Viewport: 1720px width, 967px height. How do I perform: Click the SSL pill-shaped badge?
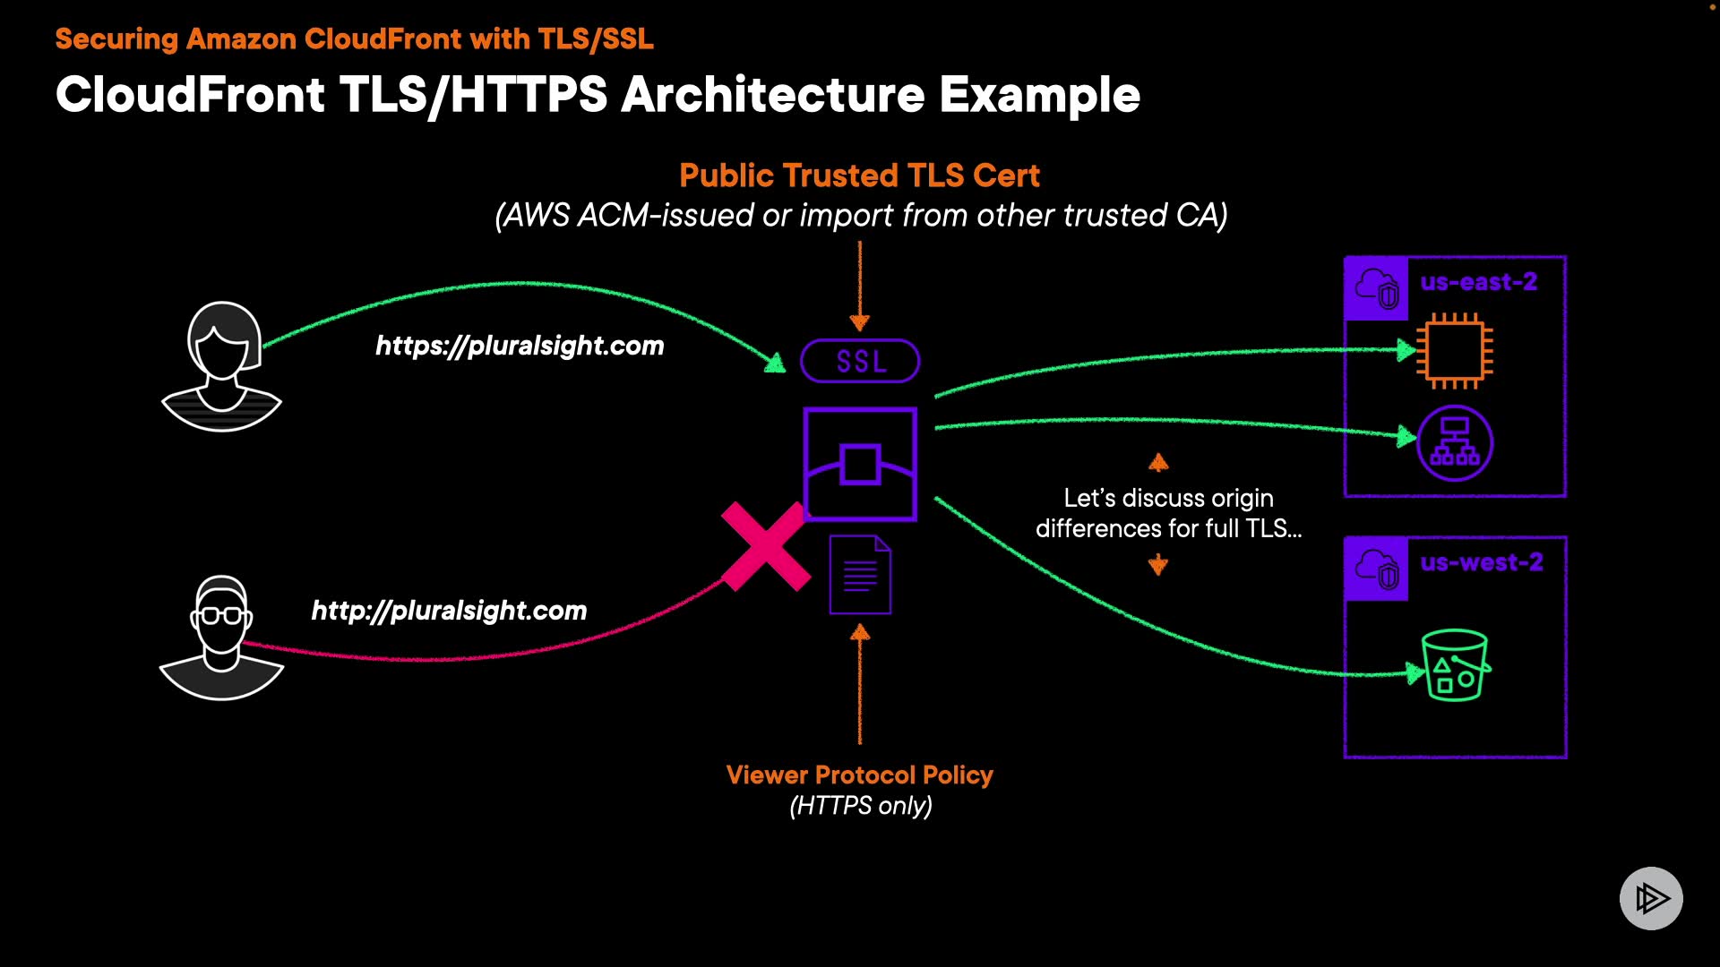click(x=860, y=361)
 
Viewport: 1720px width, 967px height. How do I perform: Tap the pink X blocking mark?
click(x=766, y=546)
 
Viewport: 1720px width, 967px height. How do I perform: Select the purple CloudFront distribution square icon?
click(x=860, y=464)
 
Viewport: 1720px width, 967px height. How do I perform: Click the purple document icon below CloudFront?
click(x=860, y=575)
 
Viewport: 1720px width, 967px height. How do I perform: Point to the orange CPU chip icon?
click(x=1455, y=351)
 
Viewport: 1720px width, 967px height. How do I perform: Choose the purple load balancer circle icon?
click(x=1455, y=443)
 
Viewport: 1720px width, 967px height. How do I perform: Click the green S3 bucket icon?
click(x=1455, y=665)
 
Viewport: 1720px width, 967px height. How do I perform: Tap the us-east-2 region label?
click(x=1478, y=282)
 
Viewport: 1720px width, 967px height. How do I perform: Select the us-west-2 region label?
click(x=1481, y=562)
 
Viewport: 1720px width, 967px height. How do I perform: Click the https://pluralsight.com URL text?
click(x=520, y=346)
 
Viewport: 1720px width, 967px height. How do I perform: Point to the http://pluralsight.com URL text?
click(x=449, y=611)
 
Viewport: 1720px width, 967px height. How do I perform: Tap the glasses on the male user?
click(x=221, y=616)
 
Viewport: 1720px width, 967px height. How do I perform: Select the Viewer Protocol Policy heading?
click(x=859, y=774)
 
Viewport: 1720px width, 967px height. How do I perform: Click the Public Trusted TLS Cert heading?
click(x=859, y=175)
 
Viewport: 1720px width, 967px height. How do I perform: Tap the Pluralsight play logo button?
click(x=1651, y=898)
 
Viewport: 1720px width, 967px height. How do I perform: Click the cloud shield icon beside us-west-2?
click(x=1377, y=569)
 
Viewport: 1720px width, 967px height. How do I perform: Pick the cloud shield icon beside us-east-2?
click(x=1377, y=288)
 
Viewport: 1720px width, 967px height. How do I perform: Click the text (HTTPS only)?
click(x=861, y=806)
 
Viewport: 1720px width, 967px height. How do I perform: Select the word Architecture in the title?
click(x=772, y=95)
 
